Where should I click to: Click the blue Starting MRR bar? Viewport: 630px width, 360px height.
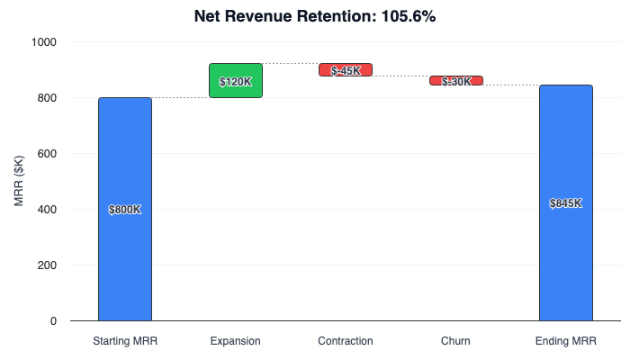coord(125,261)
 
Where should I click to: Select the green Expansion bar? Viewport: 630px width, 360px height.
coord(235,72)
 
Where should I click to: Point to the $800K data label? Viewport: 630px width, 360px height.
coord(125,210)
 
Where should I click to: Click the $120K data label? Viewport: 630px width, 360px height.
coord(236,82)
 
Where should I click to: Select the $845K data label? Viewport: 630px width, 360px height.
coord(565,203)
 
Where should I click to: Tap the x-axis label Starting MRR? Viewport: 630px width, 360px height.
coord(125,341)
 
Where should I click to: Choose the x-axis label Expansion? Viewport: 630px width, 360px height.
coord(235,341)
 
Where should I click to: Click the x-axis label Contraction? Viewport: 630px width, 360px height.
coord(346,341)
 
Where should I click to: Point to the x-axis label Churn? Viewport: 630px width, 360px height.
coord(455,341)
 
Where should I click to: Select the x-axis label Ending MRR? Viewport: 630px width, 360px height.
coord(565,341)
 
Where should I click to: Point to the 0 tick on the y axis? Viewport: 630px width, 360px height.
coord(53,321)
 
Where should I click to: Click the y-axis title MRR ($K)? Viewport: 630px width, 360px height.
coord(20,181)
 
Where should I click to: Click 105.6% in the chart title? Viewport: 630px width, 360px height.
coord(402,17)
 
